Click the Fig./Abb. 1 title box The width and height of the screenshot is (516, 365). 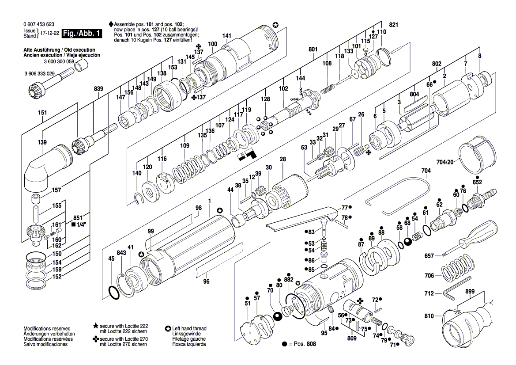(x=82, y=34)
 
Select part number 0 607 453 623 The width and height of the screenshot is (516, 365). (x=39, y=24)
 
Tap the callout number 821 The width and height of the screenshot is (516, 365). (x=394, y=25)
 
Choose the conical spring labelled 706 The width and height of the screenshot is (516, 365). (x=458, y=269)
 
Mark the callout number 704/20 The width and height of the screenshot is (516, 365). (x=445, y=162)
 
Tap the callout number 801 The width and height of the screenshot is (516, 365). (x=313, y=49)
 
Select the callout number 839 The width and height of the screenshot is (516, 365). (x=98, y=89)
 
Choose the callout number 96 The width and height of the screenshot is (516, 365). (x=206, y=281)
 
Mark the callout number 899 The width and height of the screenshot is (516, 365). (x=470, y=292)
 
